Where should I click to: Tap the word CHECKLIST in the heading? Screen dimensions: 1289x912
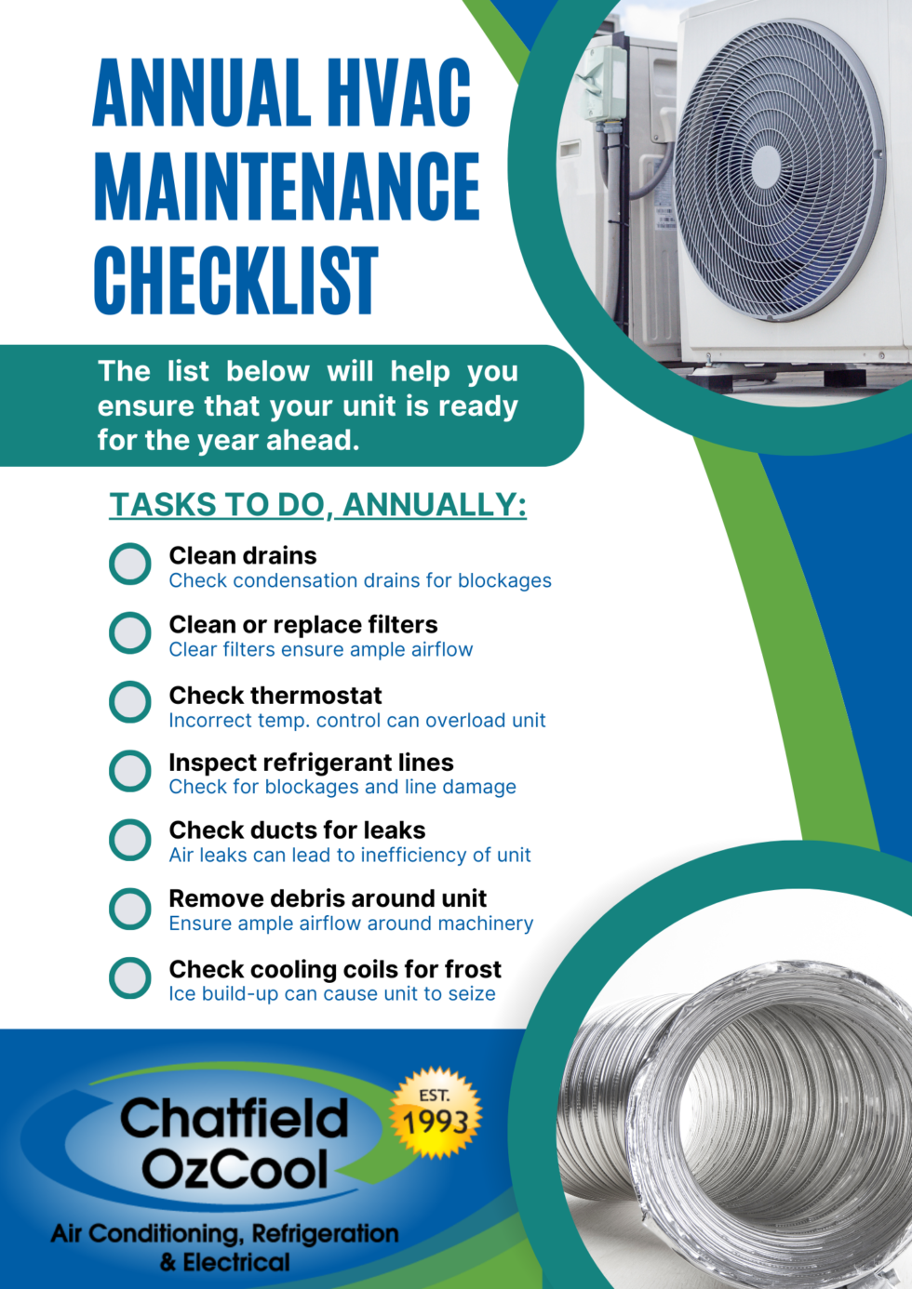point(236,281)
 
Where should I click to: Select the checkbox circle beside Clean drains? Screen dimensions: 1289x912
point(130,564)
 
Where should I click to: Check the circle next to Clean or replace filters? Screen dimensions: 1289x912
point(130,632)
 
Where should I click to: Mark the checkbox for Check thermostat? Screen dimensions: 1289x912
point(130,702)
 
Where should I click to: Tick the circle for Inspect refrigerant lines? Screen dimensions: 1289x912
point(130,771)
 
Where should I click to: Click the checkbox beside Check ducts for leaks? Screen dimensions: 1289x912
point(130,840)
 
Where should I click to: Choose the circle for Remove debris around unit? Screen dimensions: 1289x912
point(130,909)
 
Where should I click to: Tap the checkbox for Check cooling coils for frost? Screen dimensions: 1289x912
point(130,977)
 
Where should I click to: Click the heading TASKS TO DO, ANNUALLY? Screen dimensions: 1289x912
point(317,505)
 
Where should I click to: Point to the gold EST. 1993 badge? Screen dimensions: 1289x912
point(436,1113)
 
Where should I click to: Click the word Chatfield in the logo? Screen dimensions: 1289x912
point(234,1119)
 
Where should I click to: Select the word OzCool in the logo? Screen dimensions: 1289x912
point(235,1169)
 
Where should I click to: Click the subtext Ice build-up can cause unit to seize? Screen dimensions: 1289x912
point(332,994)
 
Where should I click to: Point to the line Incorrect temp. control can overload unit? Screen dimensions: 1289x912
point(357,721)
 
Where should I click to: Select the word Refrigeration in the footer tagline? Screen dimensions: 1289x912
point(325,1234)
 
